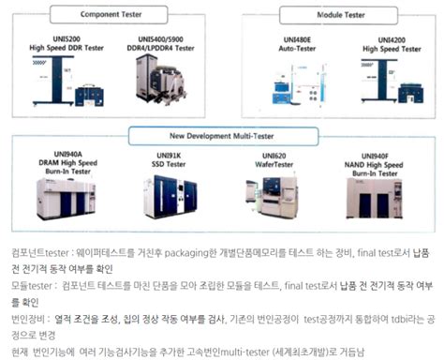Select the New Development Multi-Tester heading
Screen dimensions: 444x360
(221, 136)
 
